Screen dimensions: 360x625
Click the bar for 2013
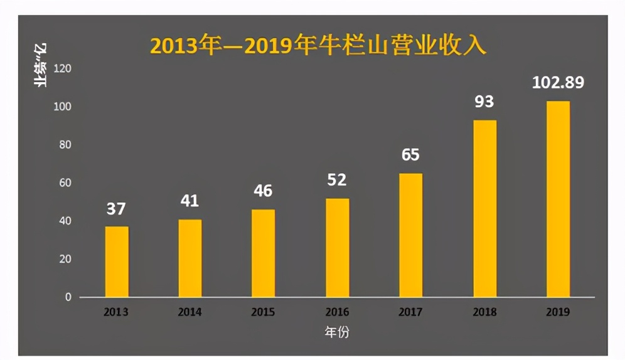117,262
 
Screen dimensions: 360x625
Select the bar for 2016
337,248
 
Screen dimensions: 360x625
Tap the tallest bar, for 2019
558,199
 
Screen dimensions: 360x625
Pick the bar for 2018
484,208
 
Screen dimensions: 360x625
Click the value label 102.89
558,82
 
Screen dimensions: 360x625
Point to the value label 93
484,102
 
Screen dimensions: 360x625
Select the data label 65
410,155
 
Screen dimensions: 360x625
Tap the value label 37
116,209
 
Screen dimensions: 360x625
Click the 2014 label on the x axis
190,312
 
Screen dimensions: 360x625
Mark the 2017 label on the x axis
410,312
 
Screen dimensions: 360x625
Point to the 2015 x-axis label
263,312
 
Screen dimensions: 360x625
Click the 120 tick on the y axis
63,68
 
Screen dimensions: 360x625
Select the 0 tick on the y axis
68,297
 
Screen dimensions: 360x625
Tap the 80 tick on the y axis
65,145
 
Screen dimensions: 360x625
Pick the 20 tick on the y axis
65,259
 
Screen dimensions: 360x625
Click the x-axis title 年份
337,333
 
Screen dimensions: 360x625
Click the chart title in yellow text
318,46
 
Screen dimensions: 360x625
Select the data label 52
337,180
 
